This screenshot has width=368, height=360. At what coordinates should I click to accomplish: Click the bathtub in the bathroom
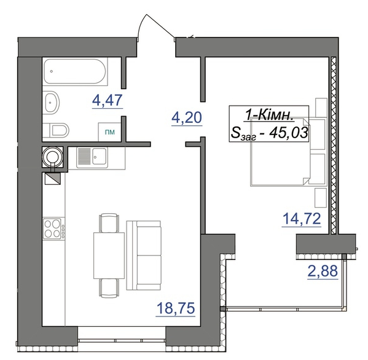[x=75, y=71]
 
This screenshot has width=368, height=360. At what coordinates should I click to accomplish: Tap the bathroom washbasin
[x=52, y=103]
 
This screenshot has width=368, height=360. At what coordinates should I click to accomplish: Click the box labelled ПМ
[x=109, y=132]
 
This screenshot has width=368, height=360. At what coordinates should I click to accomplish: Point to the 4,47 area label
[x=108, y=100]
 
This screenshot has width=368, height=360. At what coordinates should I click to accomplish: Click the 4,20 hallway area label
[x=187, y=117]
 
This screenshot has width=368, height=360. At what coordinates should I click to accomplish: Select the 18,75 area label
[x=176, y=308]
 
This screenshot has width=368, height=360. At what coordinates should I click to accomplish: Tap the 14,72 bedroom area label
[x=302, y=219]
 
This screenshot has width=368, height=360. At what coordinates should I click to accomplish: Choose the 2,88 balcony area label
[x=323, y=271]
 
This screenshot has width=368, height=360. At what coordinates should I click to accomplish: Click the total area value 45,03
[x=288, y=133]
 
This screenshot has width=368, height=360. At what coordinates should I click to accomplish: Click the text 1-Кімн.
[x=269, y=115]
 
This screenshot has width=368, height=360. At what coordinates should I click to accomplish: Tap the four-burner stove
[x=54, y=229]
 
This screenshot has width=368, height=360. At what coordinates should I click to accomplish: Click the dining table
[x=109, y=256]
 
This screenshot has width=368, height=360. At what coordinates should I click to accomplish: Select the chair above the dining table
[x=109, y=222]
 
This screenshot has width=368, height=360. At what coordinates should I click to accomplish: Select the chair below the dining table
[x=109, y=288]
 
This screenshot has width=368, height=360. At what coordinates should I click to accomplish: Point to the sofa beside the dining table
[x=144, y=256]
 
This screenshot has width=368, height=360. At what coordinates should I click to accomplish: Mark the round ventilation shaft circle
[x=53, y=157]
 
